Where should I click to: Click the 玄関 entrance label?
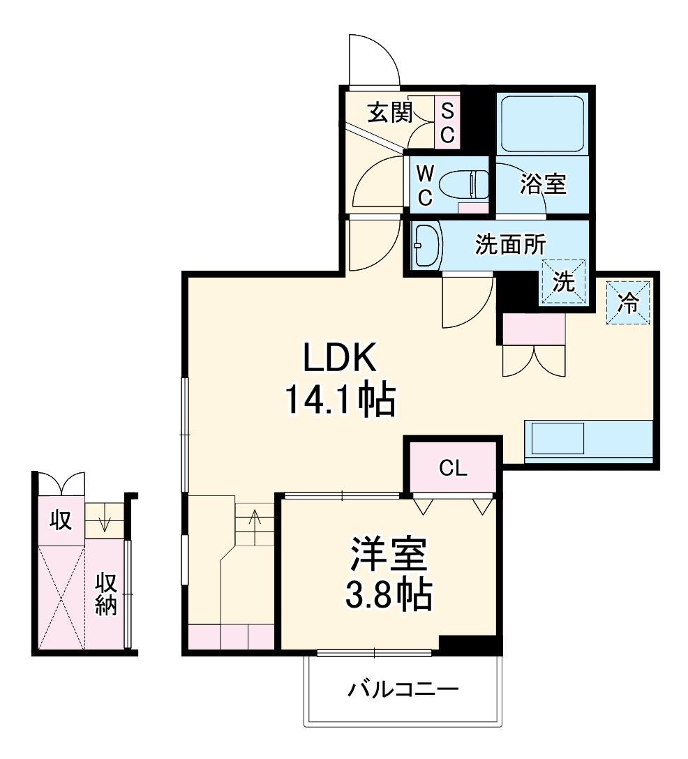point(390,112)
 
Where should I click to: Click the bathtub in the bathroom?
point(542,124)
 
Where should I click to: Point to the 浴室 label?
point(543,183)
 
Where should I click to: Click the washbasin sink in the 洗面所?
point(426,245)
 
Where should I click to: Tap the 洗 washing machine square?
point(564,282)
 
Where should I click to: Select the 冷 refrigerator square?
point(628,303)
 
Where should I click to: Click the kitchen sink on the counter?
point(558,438)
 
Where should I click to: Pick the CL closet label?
point(453,468)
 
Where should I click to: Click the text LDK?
point(339,358)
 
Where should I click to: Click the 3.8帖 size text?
point(389,594)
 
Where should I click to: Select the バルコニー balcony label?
point(403,689)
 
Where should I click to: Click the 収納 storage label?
point(105,594)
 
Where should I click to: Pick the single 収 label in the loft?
point(61,520)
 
